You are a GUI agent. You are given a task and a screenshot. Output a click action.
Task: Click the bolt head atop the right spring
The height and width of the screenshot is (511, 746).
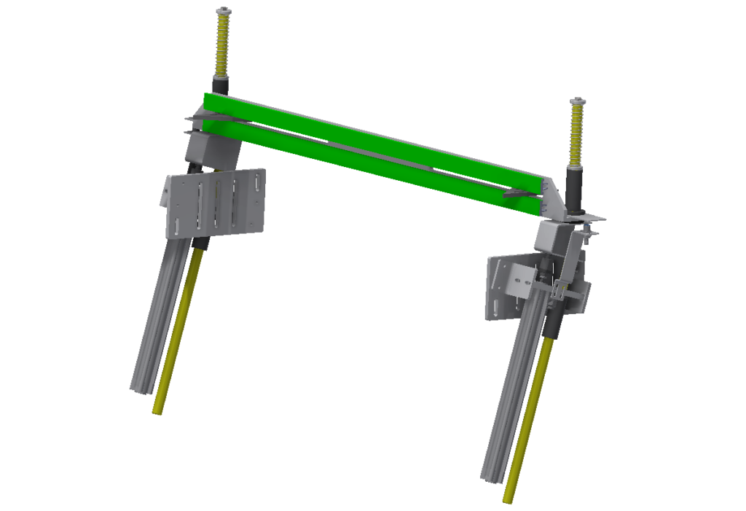[x=577, y=101]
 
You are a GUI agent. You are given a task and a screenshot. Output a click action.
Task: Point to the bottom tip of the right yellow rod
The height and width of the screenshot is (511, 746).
[x=509, y=500]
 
